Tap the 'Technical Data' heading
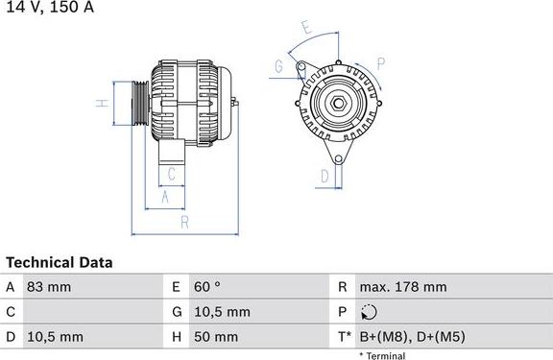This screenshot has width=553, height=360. [x=59, y=262]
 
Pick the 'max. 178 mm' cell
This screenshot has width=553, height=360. [x=402, y=287]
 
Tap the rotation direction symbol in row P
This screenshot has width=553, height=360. [x=371, y=312]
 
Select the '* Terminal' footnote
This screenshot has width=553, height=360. [x=381, y=356]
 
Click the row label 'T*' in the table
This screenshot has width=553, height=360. [x=343, y=337]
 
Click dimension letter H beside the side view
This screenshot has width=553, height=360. [x=100, y=103]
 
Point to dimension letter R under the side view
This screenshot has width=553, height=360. [x=184, y=223]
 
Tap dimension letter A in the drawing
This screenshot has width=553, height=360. [x=165, y=197]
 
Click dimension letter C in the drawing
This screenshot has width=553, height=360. [x=171, y=174]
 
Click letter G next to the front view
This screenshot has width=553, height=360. [x=278, y=66]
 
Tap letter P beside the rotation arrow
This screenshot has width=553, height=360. [x=380, y=64]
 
